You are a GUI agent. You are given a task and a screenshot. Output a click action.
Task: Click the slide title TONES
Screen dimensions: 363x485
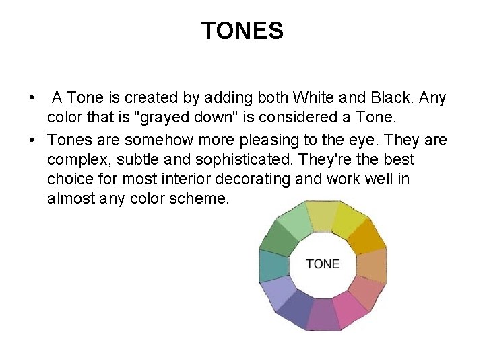[243, 30]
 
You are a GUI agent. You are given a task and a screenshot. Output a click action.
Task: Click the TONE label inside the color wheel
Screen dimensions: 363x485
[323, 264]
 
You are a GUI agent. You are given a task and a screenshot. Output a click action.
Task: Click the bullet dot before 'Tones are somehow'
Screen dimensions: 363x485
[32, 140]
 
